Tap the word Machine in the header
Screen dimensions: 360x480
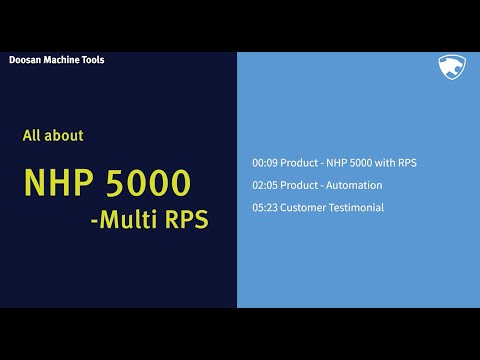click(x=62, y=60)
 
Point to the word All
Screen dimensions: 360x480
click(x=32, y=135)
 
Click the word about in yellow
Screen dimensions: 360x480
click(x=65, y=135)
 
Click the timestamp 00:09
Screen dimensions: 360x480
click(x=265, y=162)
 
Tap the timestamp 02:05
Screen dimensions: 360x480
click(x=265, y=185)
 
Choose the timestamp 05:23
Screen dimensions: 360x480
click(x=265, y=208)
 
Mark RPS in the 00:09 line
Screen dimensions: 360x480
click(x=405, y=162)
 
